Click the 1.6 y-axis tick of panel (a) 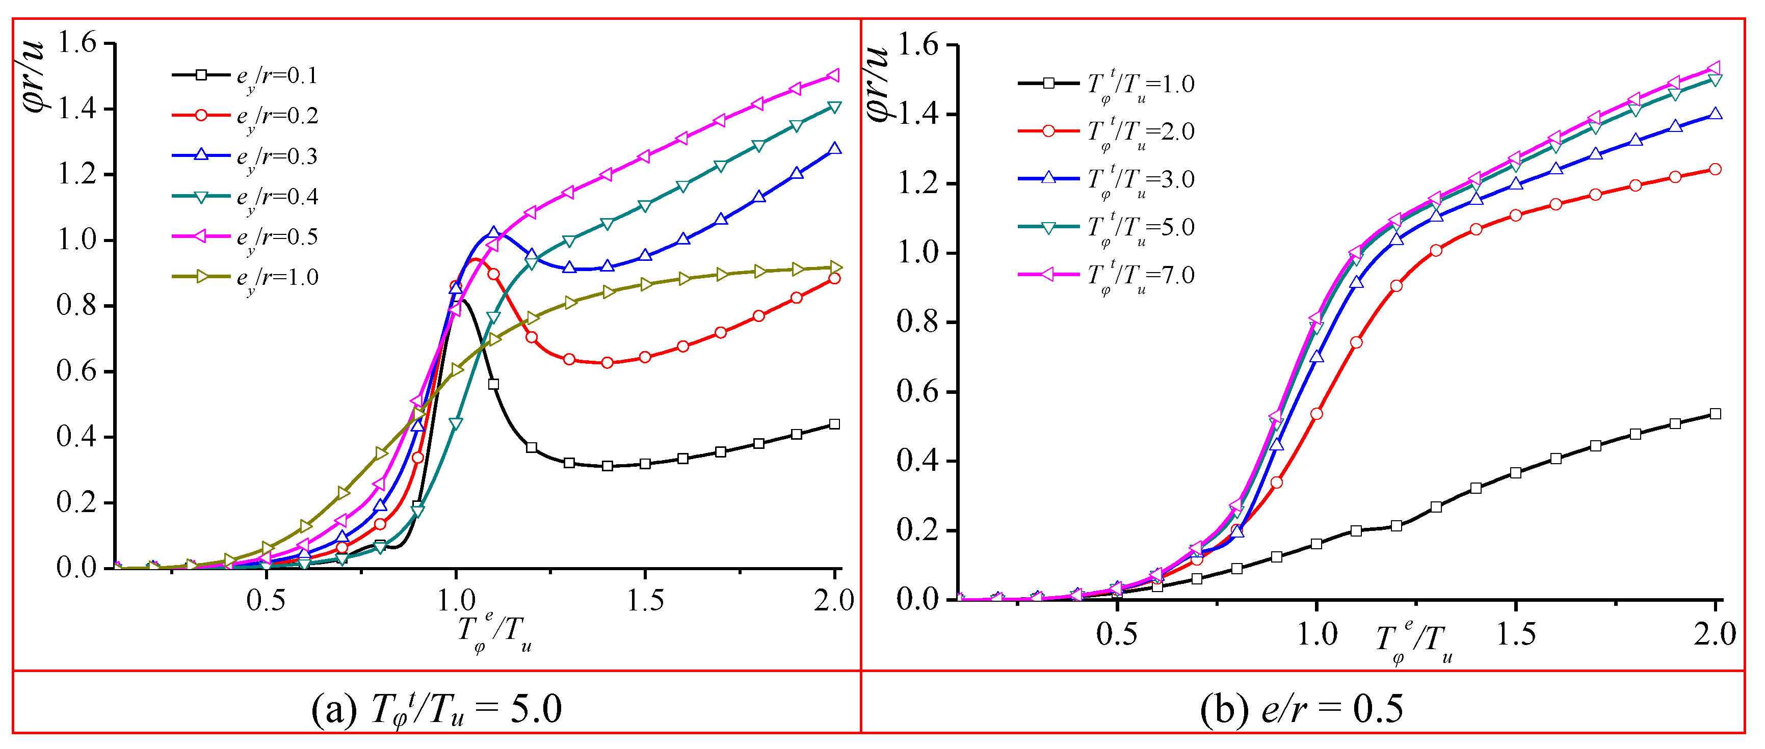(x=77, y=44)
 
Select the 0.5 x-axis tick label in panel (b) (x=1116, y=634)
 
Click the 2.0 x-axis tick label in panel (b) (x=1715, y=634)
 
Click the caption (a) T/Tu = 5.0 (x=436, y=709)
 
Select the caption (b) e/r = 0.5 (x=1301, y=709)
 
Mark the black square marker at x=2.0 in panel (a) (x=834, y=424)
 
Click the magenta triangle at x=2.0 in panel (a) (x=834, y=75)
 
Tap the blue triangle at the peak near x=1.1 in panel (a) (x=493, y=233)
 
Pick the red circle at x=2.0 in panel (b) (x=1715, y=169)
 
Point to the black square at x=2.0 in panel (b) (x=1715, y=414)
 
